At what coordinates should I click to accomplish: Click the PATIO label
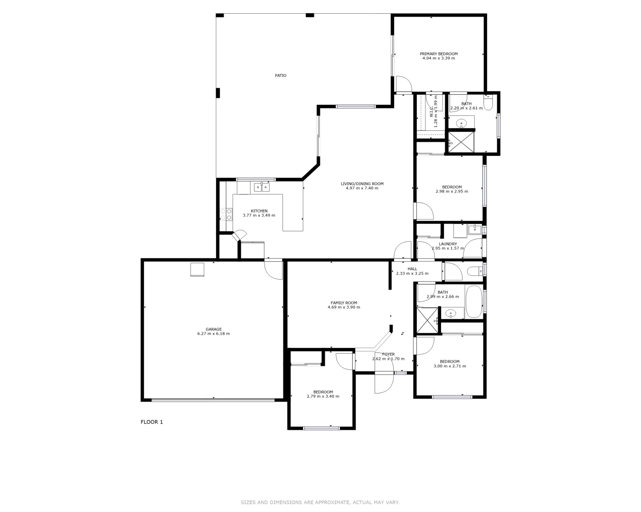[281, 75]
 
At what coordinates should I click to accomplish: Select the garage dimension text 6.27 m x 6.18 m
[213, 334]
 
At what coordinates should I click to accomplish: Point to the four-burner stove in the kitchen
[226, 214]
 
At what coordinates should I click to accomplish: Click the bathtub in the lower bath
[474, 302]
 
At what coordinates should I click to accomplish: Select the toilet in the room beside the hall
[473, 271]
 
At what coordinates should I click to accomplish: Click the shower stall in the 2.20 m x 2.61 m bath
[461, 142]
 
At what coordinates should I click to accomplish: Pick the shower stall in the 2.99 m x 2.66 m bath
[427, 317]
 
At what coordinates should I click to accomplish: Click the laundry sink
[474, 230]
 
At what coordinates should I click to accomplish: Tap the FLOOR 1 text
[151, 422]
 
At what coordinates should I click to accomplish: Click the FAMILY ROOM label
[344, 303]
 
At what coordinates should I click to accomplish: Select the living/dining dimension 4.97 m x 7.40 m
[362, 188]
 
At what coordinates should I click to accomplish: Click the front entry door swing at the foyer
[384, 383]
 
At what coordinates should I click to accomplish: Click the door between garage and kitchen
[273, 269]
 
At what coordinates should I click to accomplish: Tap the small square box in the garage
[197, 269]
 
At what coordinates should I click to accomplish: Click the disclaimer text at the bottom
[320, 502]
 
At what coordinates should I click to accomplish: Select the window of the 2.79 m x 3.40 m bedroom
[321, 429]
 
